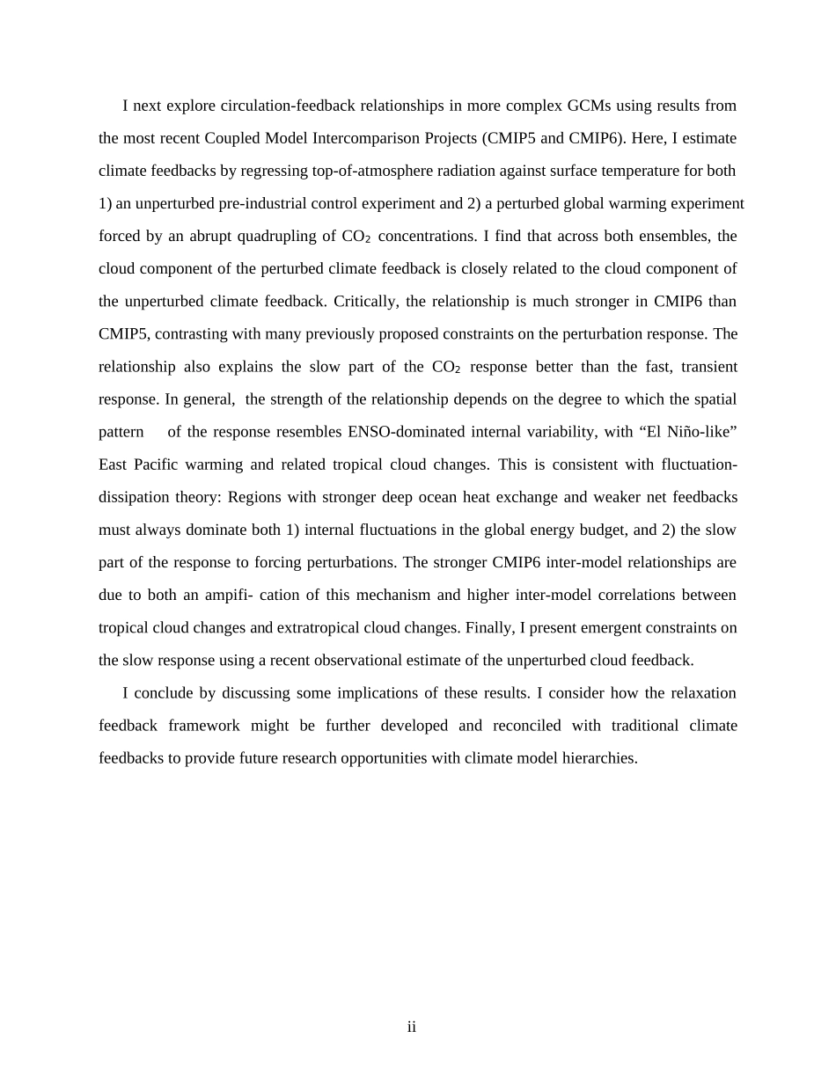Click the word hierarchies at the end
(600, 758)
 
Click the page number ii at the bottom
(411, 1027)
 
